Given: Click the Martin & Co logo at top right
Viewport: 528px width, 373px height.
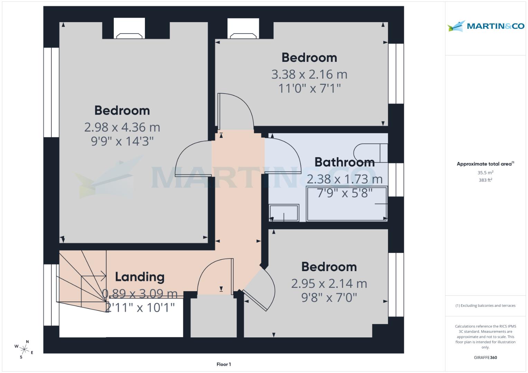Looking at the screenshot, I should (485, 26).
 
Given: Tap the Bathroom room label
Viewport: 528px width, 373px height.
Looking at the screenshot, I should (344, 162).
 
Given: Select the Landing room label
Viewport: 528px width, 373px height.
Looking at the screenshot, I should (140, 277).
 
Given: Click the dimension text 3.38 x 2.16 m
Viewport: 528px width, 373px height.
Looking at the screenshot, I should (309, 74).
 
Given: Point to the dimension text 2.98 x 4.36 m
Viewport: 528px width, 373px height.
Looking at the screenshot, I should (122, 127).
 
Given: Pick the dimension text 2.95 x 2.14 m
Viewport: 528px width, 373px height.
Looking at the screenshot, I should (329, 284).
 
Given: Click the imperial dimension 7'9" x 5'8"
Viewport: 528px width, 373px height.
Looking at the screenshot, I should (344, 193).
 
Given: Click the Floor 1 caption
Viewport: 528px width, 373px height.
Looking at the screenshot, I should (224, 364).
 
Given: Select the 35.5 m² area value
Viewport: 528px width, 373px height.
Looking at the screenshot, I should (485, 173).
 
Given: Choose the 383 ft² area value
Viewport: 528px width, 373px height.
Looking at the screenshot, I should (485, 180).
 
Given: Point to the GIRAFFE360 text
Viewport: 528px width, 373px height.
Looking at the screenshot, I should (485, 357).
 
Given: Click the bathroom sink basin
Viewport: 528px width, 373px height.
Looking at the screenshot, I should (284, 212).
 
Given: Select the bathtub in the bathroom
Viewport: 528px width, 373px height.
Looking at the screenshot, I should (347, 204).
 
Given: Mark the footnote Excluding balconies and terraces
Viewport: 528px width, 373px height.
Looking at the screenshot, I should (485, 306).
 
